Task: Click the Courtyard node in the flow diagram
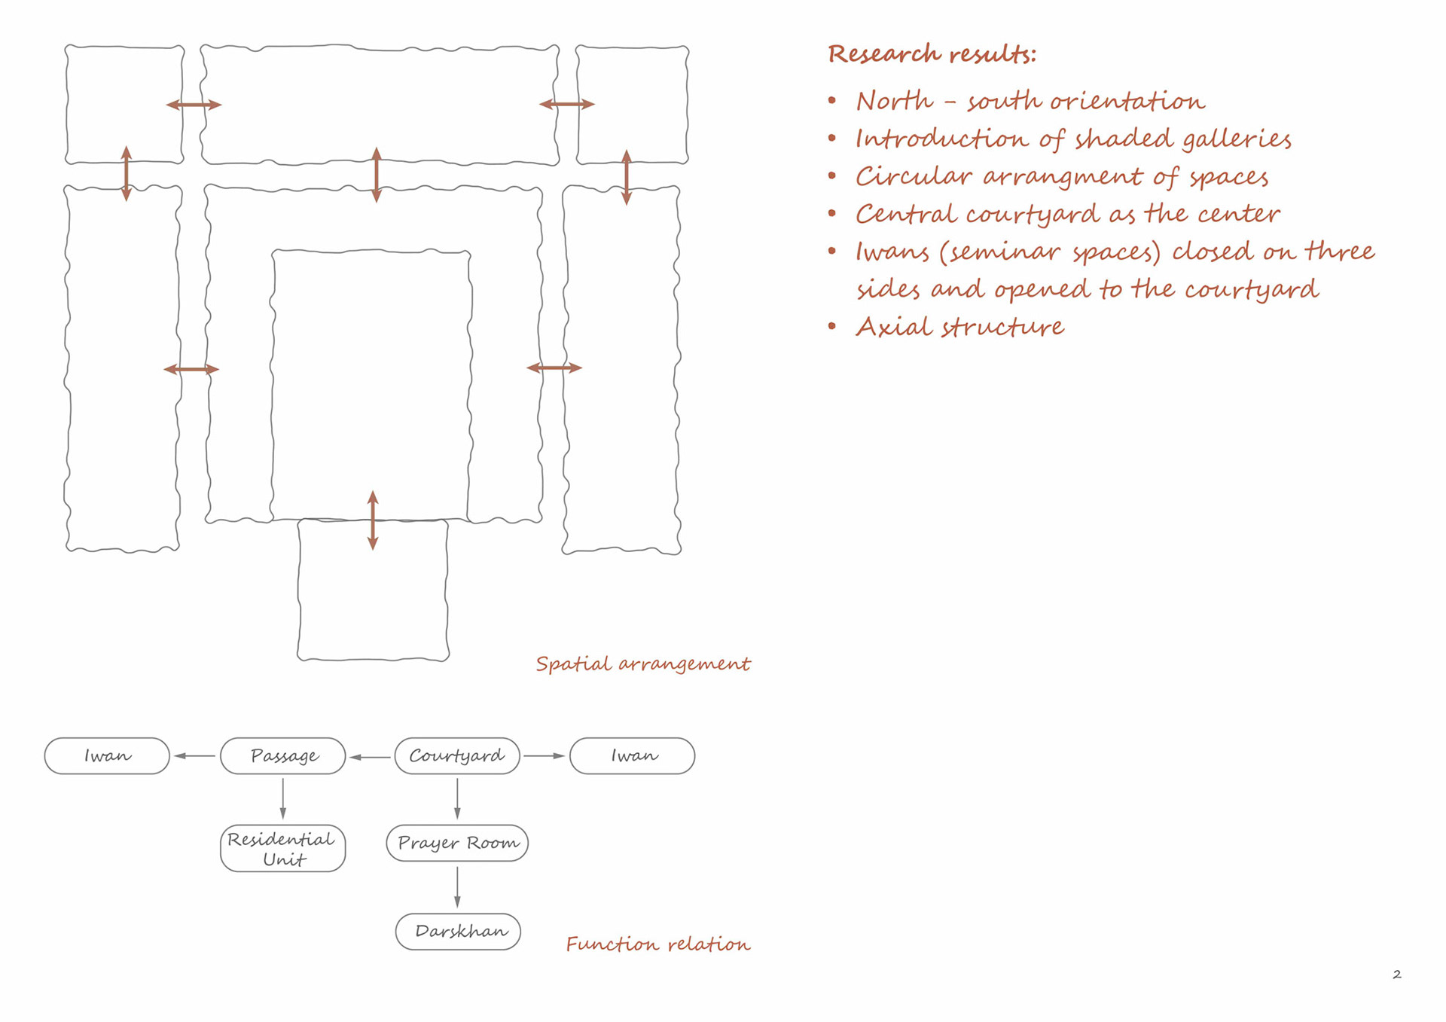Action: (x=457, y=755)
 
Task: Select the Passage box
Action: (x=283, y=755)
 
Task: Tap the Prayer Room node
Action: (x=457, y=843)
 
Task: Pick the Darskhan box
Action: (x=458, y=932)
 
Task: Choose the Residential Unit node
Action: (x=283, y=849)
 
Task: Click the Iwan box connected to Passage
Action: (x=107, y=755)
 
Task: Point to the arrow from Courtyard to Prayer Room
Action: (x=457, y=799)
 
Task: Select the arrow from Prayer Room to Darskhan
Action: (x=457, y=887)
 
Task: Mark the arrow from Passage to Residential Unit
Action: (x=283, y=799)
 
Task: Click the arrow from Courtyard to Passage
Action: (x=370, y=757)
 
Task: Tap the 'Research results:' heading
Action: (x=932, y=54)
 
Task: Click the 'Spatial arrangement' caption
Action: (x=642, y=664)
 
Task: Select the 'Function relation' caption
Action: (x=657, y=944)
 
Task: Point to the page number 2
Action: (x=1396, y=975)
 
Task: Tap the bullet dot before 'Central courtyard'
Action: (x=832, y=213)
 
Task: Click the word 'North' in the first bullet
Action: (x=894, y=101)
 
